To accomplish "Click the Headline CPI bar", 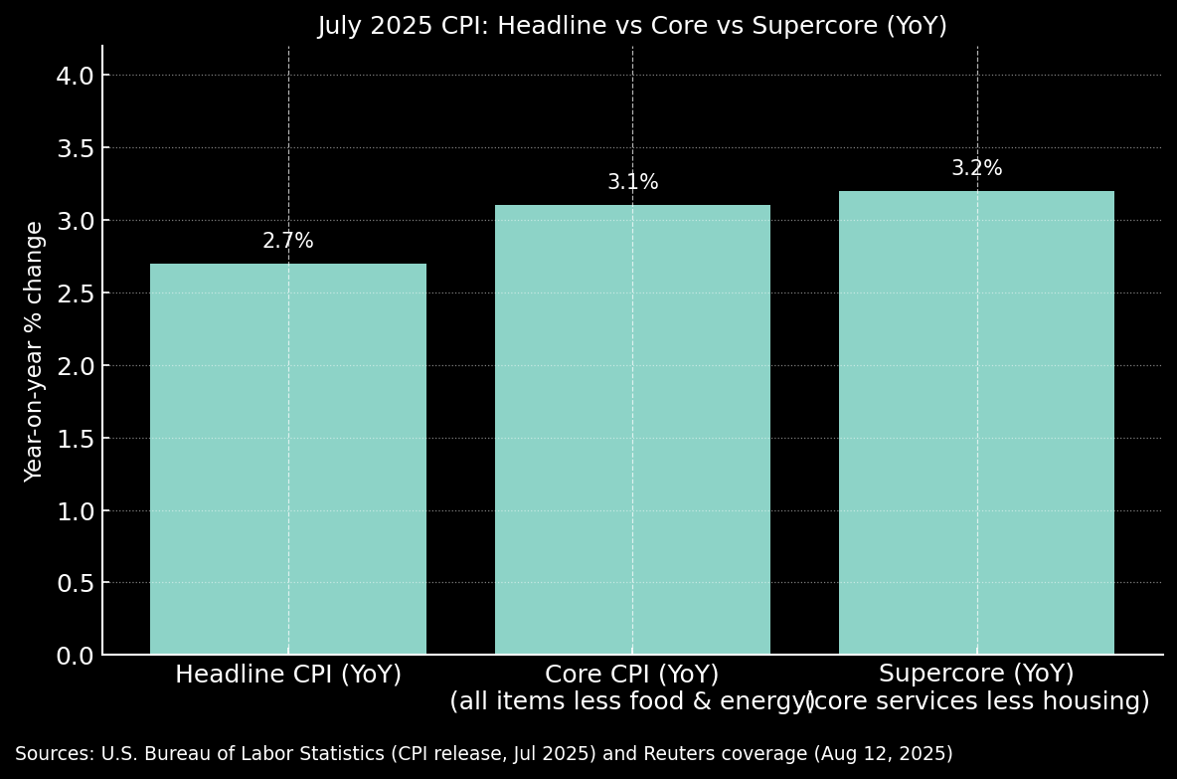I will pyautogui.click(x=288, y=459).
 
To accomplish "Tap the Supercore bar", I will pyautogui.click(x=976, y=423).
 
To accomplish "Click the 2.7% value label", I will pyautogui.click(x=288, y=241).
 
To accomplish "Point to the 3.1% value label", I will pyautogui.click(x=632, y=182).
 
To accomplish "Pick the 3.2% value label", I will pyautogui.click(x=976, y=168).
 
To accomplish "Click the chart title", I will pyautogui.click(x=632, y=26).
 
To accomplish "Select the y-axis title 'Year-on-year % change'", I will pyautogui.click(x=35, y=351).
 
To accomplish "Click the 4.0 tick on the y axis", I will pyautogui.click(x=76, y=76).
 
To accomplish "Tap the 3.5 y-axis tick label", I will pyautogui.click(x=76, y=148).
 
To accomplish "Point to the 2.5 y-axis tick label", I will pyautogui.click(x=76, y=293).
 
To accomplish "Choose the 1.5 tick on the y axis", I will pyautogui.click(x=76, y=439).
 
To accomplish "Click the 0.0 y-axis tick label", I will pyautogui.click(x=76, y=656).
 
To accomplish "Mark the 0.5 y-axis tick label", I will pyautogui.click(x=76, y=583).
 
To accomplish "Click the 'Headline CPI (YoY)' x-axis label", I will pyautogui.click(x=288, y=675).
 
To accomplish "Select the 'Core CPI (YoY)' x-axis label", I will pyautogui.click(x=632, y=675).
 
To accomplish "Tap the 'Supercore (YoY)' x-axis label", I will pyautogui.click(x=976, y=675).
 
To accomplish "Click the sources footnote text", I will pyautogui.click(x=483, y=754).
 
